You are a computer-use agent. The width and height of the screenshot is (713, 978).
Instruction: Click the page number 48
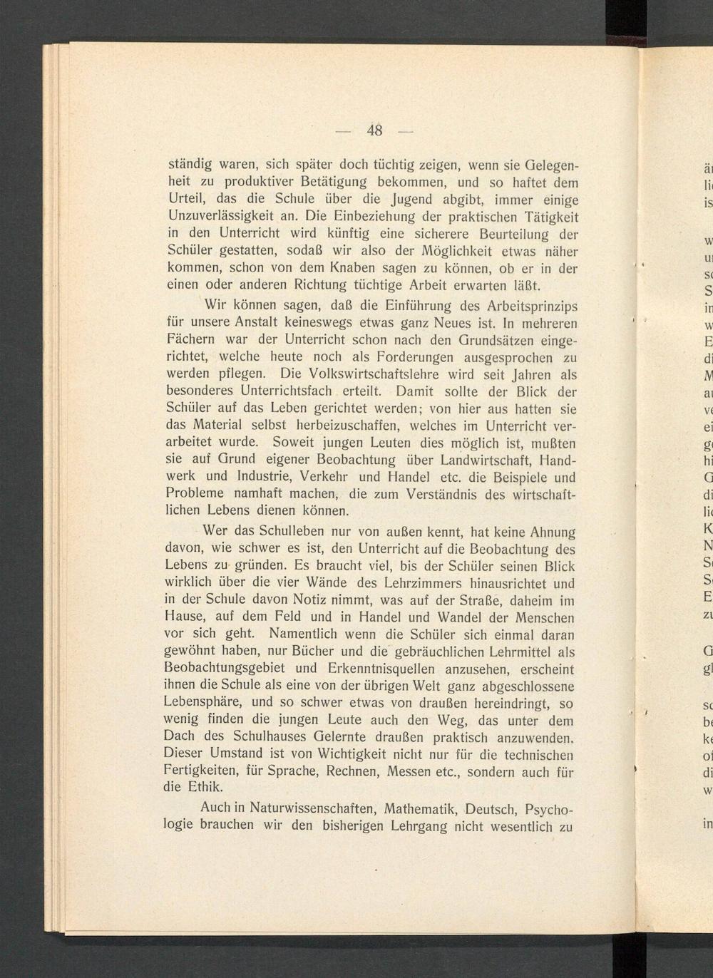[x=375, y=130]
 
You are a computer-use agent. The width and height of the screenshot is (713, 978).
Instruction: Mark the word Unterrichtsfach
[x=287, y=391]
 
